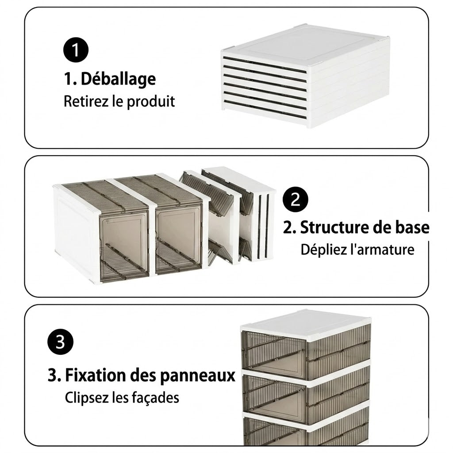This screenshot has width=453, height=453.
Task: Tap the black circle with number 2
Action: pyautogui.click(x=295, y=200)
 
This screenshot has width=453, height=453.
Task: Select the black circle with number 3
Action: pyautogui.click(x=60, y=342)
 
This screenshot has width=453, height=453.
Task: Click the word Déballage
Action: pyautogui.click(x=118, y=79)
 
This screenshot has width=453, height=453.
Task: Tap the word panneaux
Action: pyautogui.click(x=198, y=376)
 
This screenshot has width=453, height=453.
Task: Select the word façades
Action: pyautogui.click(x=155, y=398)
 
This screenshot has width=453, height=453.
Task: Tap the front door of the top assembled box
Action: pyautogui.click(x=274, y=355)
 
